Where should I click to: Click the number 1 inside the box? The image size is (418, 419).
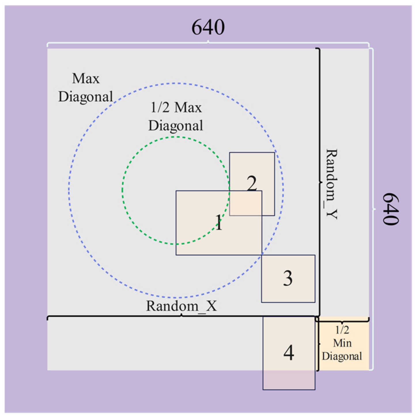coord(219,222)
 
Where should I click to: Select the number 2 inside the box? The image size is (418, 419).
coord(252,183)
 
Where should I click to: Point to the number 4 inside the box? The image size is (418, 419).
coord(289,353)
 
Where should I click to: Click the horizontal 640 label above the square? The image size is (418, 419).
coord(208,27)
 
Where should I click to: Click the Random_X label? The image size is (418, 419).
coord(181,306)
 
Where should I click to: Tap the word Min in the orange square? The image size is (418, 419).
coord(342,343)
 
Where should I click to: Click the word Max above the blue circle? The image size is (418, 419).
coord(86,78)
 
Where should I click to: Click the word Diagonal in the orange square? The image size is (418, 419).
coord(342,356)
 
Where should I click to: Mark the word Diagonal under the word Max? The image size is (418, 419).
coord(86,97)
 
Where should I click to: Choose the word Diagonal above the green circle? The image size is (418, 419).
coord(175,126)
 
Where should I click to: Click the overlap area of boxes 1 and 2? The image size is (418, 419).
coord(245,203)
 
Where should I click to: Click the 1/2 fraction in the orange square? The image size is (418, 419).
coord(342,330)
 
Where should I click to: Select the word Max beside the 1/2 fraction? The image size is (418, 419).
coord(188,107)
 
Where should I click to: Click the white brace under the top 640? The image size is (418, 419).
coord(208,44)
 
